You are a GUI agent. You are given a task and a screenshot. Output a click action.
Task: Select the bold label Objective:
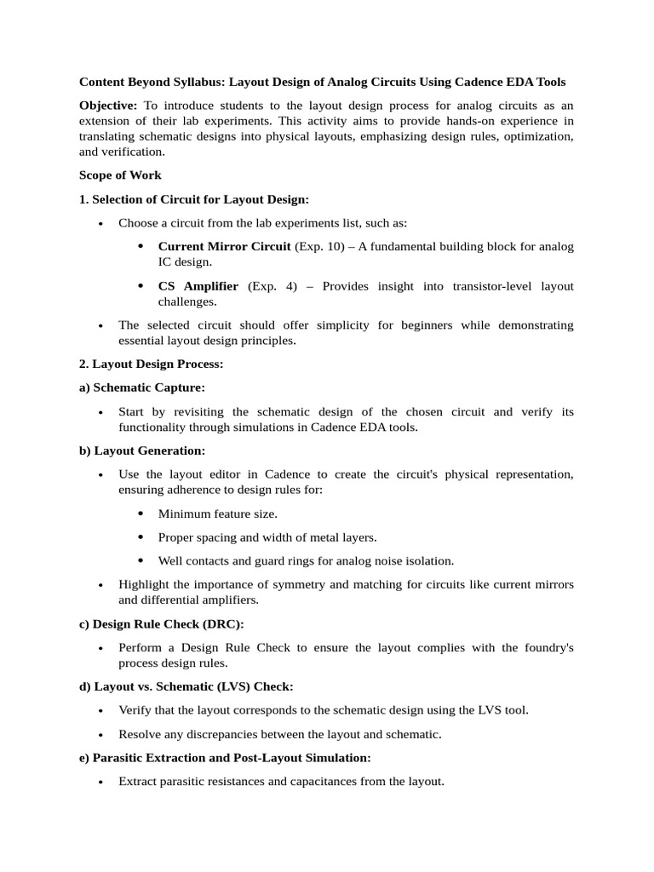(108, 105)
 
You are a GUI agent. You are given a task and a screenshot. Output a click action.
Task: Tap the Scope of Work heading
(120, 175)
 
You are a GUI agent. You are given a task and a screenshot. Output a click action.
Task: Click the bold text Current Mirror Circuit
(224, 247)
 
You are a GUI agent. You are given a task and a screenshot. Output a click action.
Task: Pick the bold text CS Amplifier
(198, 286)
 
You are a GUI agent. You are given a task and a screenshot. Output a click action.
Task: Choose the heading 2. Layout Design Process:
(152, 364)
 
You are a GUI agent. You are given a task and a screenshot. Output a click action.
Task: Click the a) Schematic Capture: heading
(142, 387)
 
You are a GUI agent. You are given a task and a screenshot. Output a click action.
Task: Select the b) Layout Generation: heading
(142, 450)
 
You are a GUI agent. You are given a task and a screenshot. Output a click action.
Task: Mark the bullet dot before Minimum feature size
(141, 513)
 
